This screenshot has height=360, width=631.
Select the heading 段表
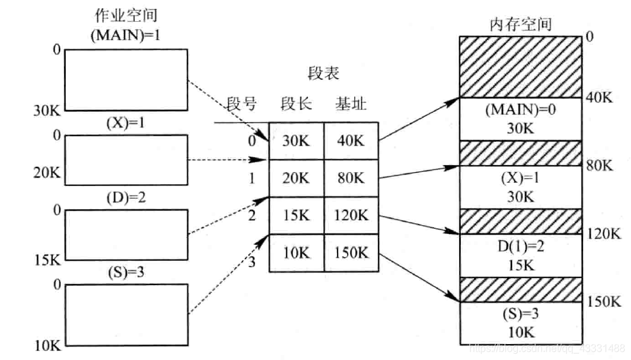pyautogui.click(x=323, y=74)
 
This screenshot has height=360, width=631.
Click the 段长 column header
pyautogui.click(x=296, y=104)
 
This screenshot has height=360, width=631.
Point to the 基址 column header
pyautogui.click(x=351, y=104)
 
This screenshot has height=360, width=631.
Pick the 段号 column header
pyautogui.click(x=241, y=104)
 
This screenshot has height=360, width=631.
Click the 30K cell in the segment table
pyautogui.click(x=296, y=141)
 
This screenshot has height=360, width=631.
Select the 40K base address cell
pyautogui.click(x=351, y=141)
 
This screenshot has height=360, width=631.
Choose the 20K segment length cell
pyautogui.click(x=296, y=178)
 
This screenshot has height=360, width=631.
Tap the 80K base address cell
pyautogui.click(x=351, y=178)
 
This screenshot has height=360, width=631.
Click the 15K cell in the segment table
pyautogui.click(x=296, y=215)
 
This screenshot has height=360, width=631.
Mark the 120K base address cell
pyautogui.click(x=351, y=215)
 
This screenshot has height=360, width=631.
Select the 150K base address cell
pyautogui.click(x=351, y=253)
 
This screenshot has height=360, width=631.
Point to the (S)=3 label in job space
pyautogui.click(x=125, y=273)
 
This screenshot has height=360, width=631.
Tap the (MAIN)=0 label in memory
pyautogui.click(x=520, y=110)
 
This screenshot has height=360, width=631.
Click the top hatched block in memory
pyautogui.click(x=520, y=65)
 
